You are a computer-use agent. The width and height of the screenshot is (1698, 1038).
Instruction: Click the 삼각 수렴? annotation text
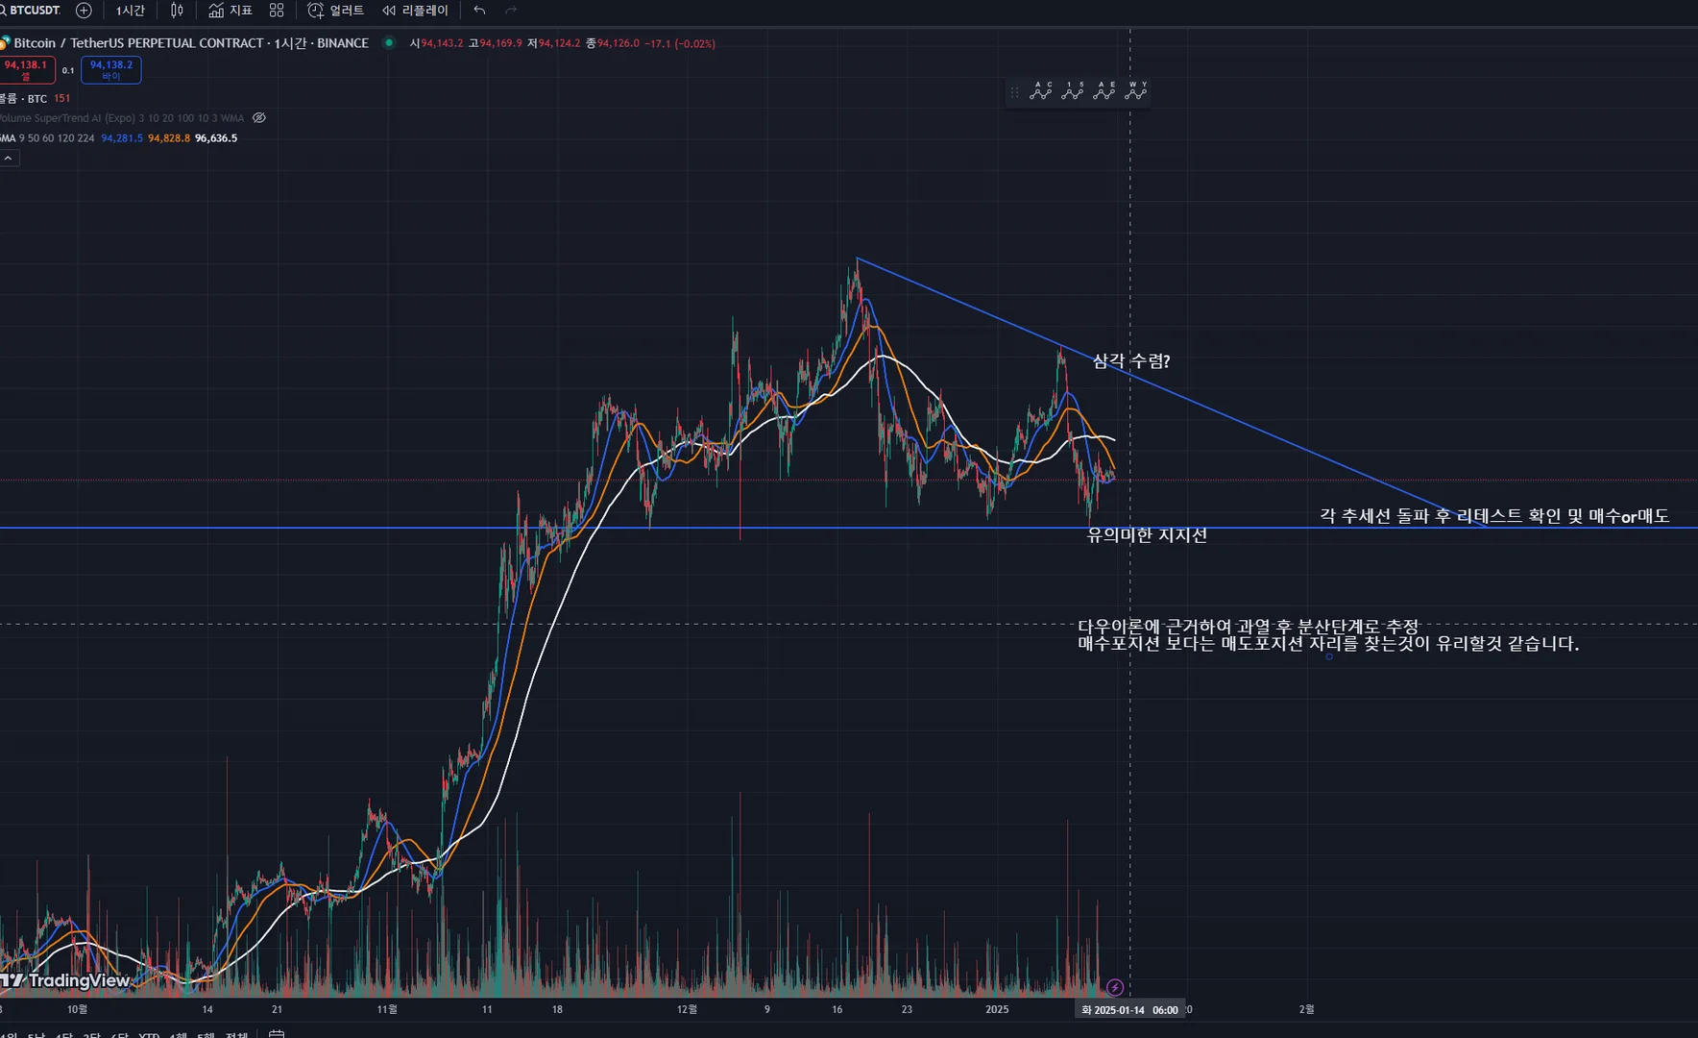click(x=1131, y=361)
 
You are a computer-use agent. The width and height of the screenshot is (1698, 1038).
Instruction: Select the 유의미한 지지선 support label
click(x=1147, y=535)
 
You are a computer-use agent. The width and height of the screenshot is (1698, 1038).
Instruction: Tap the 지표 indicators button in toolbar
click(x=230, y=11)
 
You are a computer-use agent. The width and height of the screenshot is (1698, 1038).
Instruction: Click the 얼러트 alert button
click(x=336, y=11)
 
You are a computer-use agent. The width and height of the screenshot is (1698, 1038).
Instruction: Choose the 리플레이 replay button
click(x=415, y=11)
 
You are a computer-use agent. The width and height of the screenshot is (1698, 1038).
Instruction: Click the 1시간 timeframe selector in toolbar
click(x=131, y=11)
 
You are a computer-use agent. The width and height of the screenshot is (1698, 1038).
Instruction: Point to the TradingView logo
click(x=67, y=980)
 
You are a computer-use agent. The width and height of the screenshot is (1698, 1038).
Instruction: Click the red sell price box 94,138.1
click(x=26, y=69)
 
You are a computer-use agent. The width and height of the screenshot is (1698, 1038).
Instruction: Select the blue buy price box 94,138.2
click(x=111, y=69)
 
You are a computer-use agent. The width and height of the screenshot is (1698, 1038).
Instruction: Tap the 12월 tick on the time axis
click(x=687, y=1009)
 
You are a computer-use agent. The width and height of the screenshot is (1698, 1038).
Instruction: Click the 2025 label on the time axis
click(x=997, y=1009)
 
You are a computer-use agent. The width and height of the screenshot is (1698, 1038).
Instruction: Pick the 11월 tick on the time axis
click(x=387, y=1009)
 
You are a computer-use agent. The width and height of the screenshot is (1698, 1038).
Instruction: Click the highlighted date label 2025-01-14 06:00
click(x=1129, y=1010)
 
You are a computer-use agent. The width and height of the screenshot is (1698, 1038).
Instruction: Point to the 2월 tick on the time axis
click(x=1306, y=1009)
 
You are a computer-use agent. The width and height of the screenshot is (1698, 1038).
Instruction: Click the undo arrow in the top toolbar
click(x=479, y=11)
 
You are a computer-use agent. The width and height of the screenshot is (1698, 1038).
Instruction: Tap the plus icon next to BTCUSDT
click(x=84, y=11)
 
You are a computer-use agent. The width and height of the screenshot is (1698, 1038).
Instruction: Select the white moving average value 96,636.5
click(x=216, y=138)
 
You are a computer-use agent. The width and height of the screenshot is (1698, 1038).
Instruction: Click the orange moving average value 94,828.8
click(x=169, y=138)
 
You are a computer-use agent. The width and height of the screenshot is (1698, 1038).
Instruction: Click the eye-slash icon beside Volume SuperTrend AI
click(x=259, y=118)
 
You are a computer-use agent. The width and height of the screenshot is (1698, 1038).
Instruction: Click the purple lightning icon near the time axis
click(x=1115, y=987)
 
